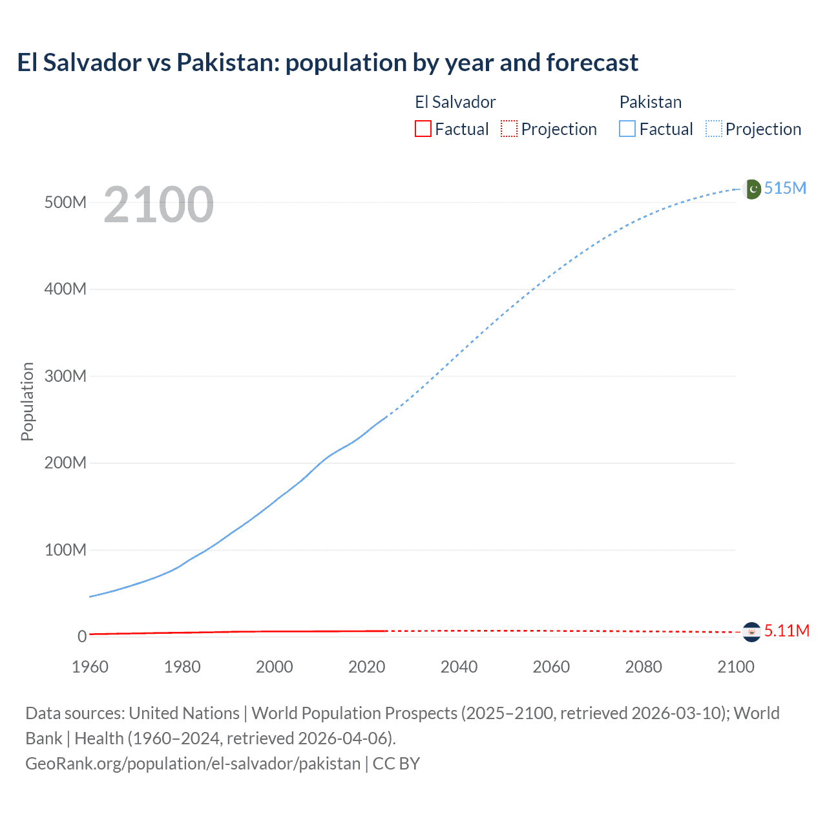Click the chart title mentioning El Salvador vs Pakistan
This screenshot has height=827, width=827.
328,63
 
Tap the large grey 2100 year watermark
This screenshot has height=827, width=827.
158,205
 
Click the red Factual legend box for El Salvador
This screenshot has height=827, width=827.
423,129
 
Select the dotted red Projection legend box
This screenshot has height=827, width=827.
509,129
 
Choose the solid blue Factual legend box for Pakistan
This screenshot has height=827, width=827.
627,129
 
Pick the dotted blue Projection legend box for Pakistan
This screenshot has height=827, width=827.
713,129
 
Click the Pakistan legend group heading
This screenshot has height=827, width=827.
650,102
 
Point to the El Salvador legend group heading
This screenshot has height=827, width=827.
455,102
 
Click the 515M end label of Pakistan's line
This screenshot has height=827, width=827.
785,188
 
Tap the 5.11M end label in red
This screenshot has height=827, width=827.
786,631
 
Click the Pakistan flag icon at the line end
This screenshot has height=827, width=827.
752,189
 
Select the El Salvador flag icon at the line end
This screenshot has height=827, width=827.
751,631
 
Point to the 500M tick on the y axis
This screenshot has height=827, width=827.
65,202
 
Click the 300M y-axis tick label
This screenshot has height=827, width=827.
65,376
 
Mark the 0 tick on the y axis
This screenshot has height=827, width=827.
82,636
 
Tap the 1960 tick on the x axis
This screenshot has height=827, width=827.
90,667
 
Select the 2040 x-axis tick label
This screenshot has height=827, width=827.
459,667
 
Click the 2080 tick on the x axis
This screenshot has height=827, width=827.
644,667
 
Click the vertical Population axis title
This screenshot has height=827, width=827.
27,401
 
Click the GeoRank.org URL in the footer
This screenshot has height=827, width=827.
193,763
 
